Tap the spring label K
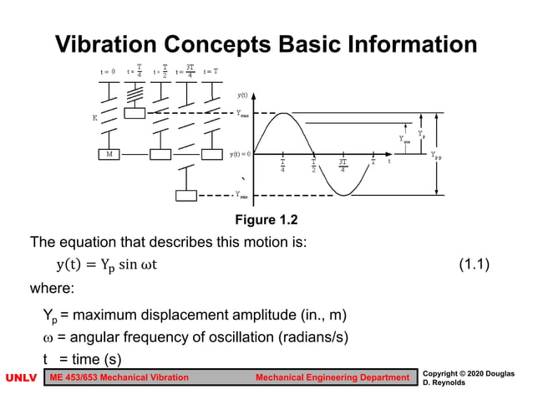[x=95, y=118]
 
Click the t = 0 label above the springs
[x=108, y=72]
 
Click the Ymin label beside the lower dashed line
[x=241, y=196]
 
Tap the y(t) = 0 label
[x=241, y=154]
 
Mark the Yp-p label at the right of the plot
[x=438, y=156]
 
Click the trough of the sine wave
[x=343, y=195]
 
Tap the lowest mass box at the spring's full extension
[x=186, y=196]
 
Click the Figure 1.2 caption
[x=266, y=220]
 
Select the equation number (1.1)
[x=474, y=265]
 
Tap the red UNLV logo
[x=21, y=378]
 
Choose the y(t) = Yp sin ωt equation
[x=106, y=265]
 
